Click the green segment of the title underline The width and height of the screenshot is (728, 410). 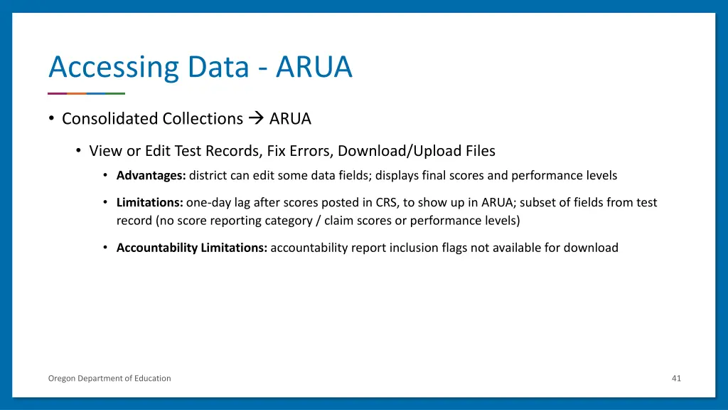116,93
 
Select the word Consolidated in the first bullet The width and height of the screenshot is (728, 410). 110,119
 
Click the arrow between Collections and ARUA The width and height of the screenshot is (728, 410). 256,119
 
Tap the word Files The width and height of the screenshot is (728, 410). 481,151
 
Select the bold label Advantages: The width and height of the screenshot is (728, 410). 151,175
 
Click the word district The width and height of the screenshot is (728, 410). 208,175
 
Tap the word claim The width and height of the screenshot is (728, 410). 339,221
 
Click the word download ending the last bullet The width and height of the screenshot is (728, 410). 591,248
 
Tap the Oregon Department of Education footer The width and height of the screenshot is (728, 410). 109,378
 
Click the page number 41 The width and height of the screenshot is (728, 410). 676,378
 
